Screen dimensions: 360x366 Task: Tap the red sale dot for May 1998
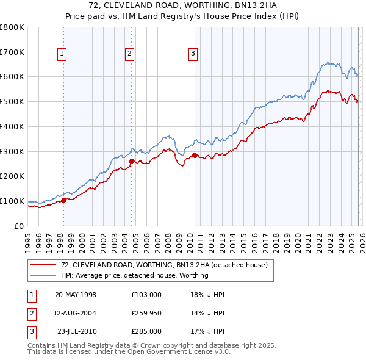click(x=63, y=200)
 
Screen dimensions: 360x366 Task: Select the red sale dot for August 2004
click(x=131, y=161)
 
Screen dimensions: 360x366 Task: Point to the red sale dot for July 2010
click(x=195, y=155)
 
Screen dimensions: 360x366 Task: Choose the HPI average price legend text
click(x=134, y=275)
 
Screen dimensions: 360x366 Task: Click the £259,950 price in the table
click(x=146, y=313)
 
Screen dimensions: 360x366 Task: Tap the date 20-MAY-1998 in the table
click(x=76, y=295)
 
